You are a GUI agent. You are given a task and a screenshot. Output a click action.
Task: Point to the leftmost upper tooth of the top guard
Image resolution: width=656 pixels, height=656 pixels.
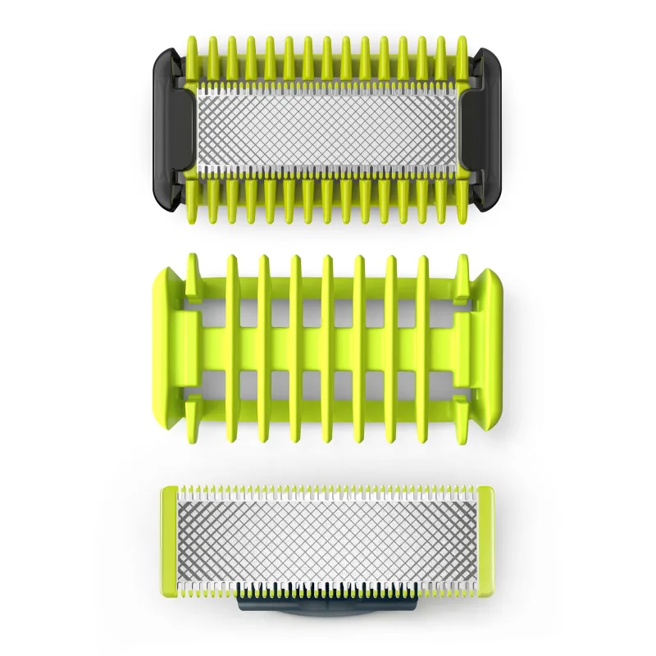[x=194, y=57]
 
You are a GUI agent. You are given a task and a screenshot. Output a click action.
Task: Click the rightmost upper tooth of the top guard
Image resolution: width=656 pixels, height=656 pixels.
[x=462, y=57]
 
